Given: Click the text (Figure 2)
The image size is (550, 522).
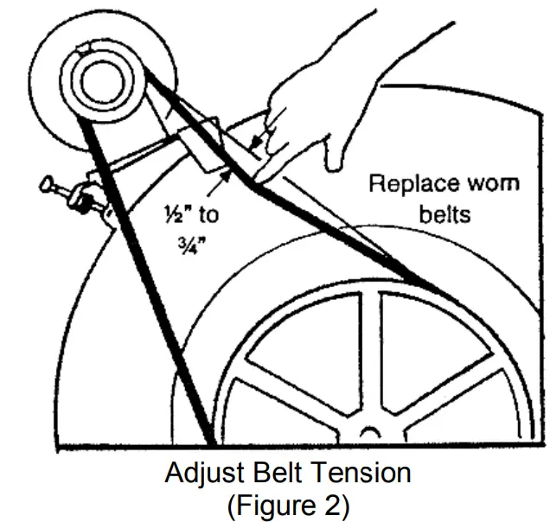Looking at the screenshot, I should click(287, 505).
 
